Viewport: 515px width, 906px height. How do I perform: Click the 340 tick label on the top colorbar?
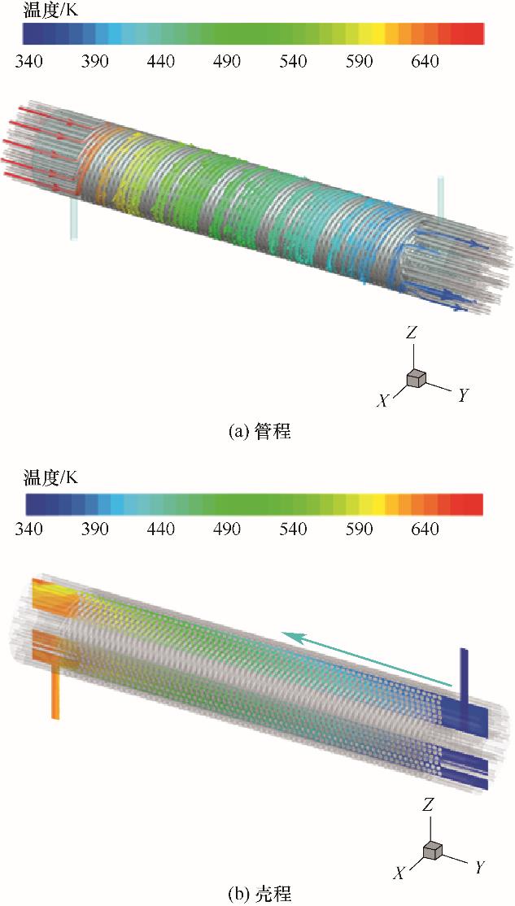pos(30,62)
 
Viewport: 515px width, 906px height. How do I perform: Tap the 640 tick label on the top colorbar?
pos(426,62)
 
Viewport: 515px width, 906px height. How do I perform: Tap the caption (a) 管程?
pos(258,433)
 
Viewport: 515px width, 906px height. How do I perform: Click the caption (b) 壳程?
pos(258,894)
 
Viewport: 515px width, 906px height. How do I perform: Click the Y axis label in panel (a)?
pos(462,396)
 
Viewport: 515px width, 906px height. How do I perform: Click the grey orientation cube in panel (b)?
pos(432,850)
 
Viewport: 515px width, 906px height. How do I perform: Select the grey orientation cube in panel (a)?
pos(416,377)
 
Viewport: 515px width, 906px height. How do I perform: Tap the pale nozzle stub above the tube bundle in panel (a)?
pos(441,196)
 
